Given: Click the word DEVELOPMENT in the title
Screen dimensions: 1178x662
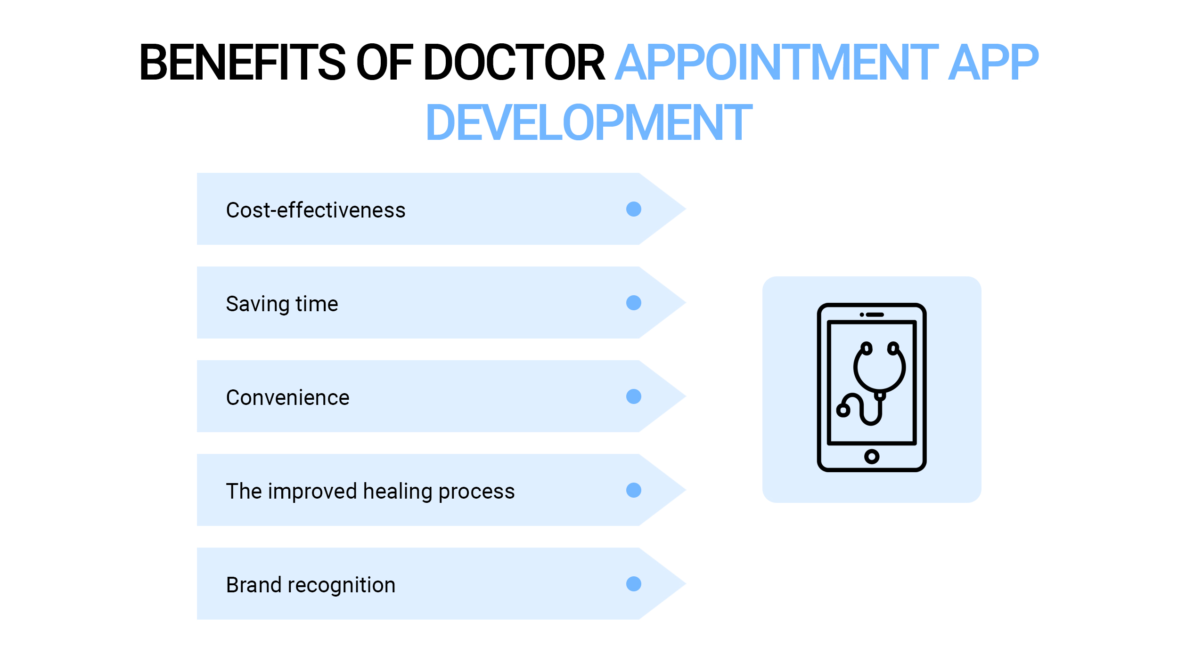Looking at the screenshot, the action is click(589, 122).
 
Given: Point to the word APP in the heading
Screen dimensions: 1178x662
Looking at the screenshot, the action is click(993, 62).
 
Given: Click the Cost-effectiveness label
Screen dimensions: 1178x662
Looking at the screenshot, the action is click(316, 210).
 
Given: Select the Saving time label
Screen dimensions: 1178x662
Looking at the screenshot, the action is click(282, 304).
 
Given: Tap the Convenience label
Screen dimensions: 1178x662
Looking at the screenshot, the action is click(287, 397).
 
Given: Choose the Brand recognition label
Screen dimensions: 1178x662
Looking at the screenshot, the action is click(311, 585).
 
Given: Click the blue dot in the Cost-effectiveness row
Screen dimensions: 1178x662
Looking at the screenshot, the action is click(634, 209).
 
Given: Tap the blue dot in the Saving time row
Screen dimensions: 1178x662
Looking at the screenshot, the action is click(634, 303).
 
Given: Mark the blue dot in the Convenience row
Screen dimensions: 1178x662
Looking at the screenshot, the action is click(634, 396).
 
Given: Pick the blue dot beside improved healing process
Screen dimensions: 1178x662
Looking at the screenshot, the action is click(634, 490).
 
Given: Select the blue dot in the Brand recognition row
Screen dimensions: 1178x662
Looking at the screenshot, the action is click(634, 584).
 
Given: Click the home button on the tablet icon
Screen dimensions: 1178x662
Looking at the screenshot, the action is click(872, 456).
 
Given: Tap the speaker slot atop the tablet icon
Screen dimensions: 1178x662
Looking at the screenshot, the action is click(875, 315).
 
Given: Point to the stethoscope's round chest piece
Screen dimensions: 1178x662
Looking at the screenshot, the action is click(843, 410).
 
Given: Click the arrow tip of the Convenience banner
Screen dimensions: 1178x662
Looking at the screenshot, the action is click(686, 396).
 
